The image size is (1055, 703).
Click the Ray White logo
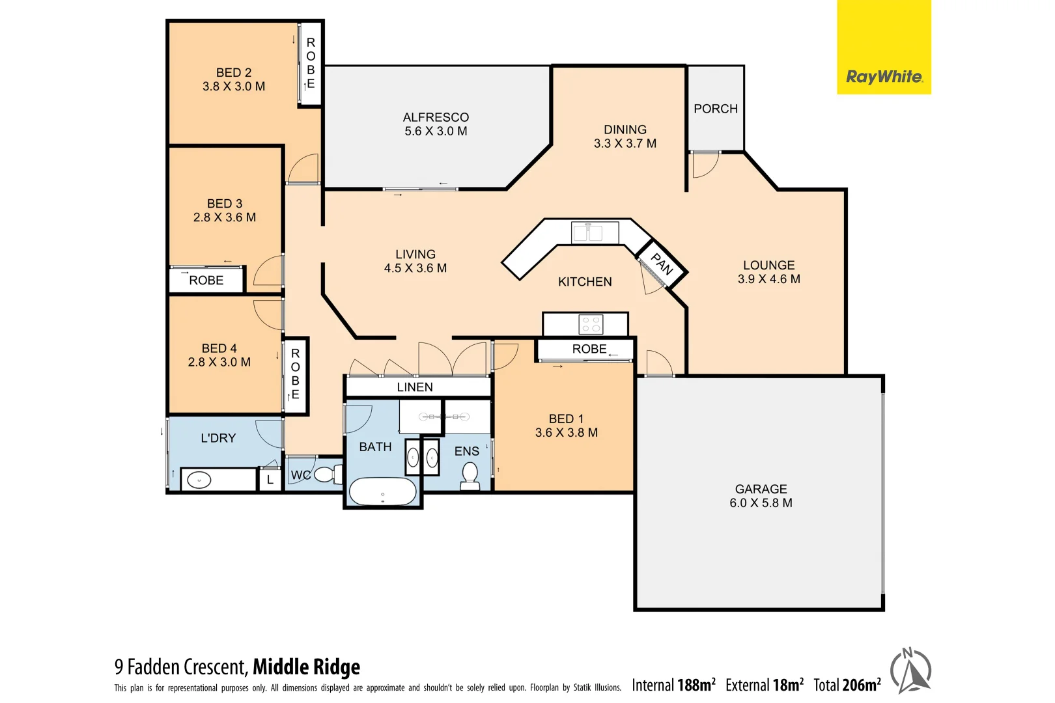pyautogui.click(x=884, y=77)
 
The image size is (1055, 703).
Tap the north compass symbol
pyautogui.click(x=910, y=670)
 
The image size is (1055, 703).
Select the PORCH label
pyautogui.click(x=716, y=109)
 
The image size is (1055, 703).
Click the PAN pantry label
pyautogui.click(x=662, y=264)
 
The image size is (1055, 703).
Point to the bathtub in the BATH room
pyautogui.click(x=383, y=492)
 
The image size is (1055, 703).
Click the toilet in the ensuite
pyautogui.click(x=470, y=476)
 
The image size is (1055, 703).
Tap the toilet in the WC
pyautogui.click(x=328, y=474)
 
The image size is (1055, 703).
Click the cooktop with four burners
pyautogui.click(x=591, y=324)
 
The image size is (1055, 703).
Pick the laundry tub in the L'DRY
pyautogui.click(x=199, y=480)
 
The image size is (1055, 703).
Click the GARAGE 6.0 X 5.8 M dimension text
pyautogui.click(x=761, y=503)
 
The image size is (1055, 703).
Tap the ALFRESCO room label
pyautogui.click(x=436, y=117)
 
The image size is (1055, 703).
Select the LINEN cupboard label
pyautogui.click(x=415, y=387)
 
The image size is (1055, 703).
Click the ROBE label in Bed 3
pyautogui.click(x=206, y=281)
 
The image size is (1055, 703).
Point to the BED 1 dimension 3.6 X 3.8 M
pyautogui.click(x=566, y=432)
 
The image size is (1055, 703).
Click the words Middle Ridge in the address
pyautogui.click(x=306, y=667)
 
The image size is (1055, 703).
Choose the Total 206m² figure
pyautogui.click(x=847, y=685)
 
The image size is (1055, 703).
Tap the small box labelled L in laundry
pyautogui.click(x=270, y=480)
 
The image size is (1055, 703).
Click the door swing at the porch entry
pyautogui.click(x=705, y=164)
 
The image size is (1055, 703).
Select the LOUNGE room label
pyautogui.click(x=768, y=265)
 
